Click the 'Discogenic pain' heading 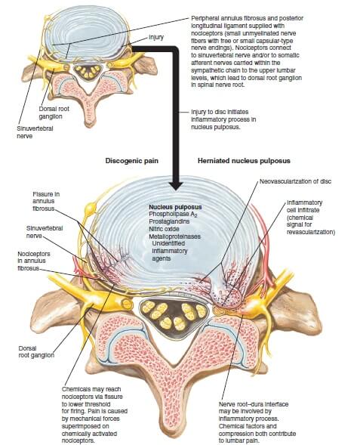tap(132, 161)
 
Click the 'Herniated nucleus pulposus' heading tap(244, 161)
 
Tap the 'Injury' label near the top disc tap(156, 37)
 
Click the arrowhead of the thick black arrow tap(176, 185)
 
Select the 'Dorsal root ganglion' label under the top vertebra tap(54, 113)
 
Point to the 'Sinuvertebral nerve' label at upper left tap(35, 132)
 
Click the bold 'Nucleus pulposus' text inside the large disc tap(175, 207)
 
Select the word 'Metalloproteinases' tap(174, 236)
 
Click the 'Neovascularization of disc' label tap(295, 181)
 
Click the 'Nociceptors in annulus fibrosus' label tap(34, 261)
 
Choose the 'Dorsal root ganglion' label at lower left tap(36, 351)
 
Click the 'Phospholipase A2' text tap(173, 215)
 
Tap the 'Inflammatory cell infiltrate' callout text tap(311, 217)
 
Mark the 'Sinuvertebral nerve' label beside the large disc tap(45, 232)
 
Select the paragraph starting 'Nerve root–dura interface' tap(257, 422)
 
